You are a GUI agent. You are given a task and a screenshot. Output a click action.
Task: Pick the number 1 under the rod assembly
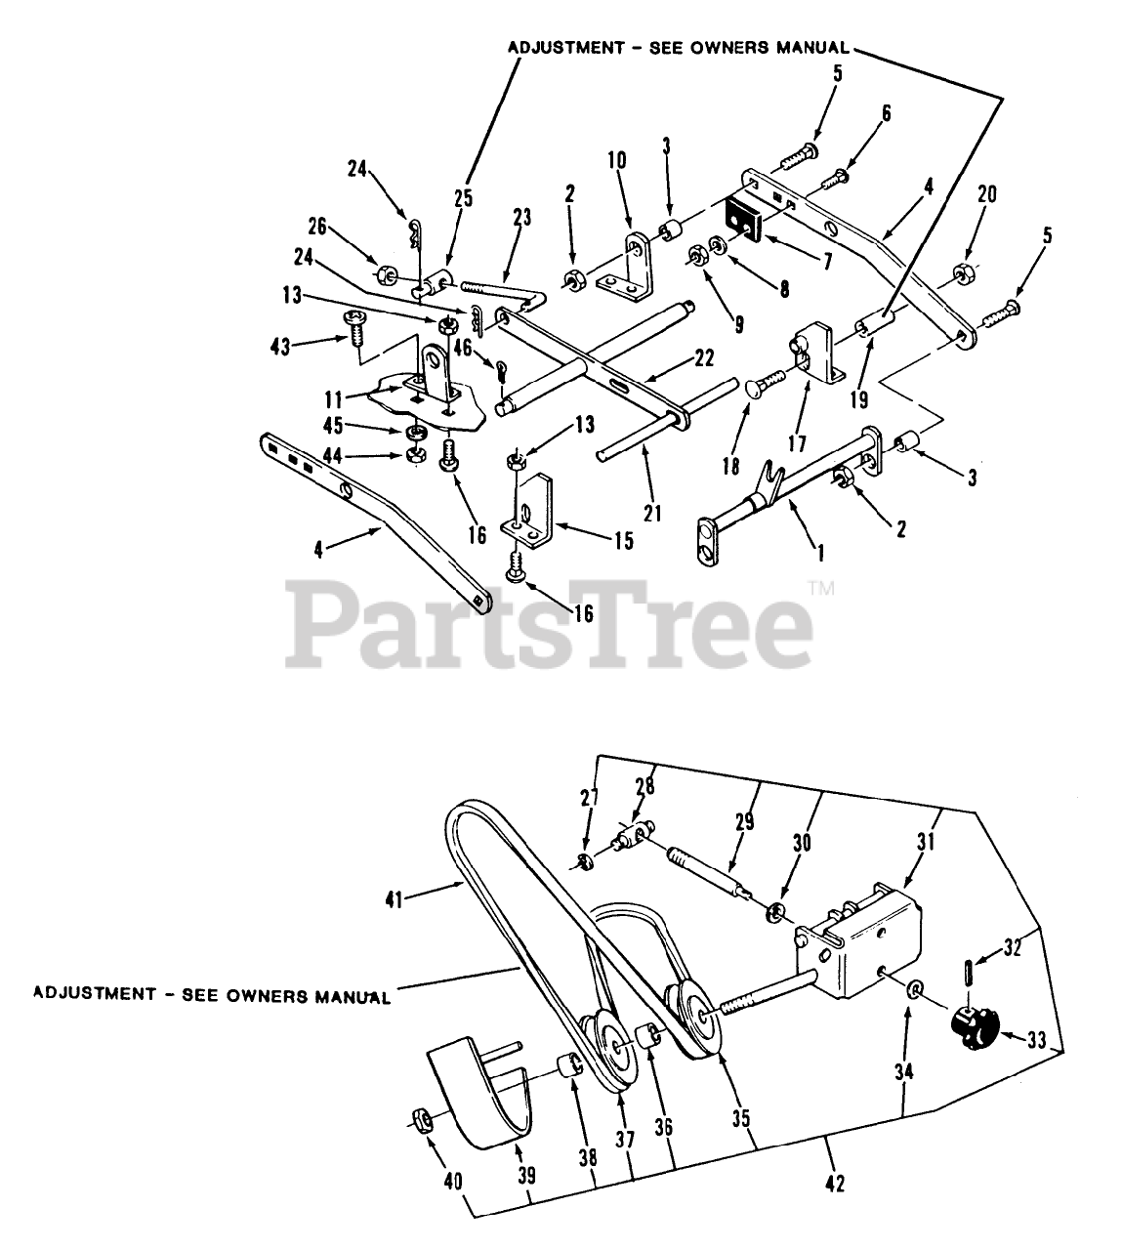click(x=820, y=553)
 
